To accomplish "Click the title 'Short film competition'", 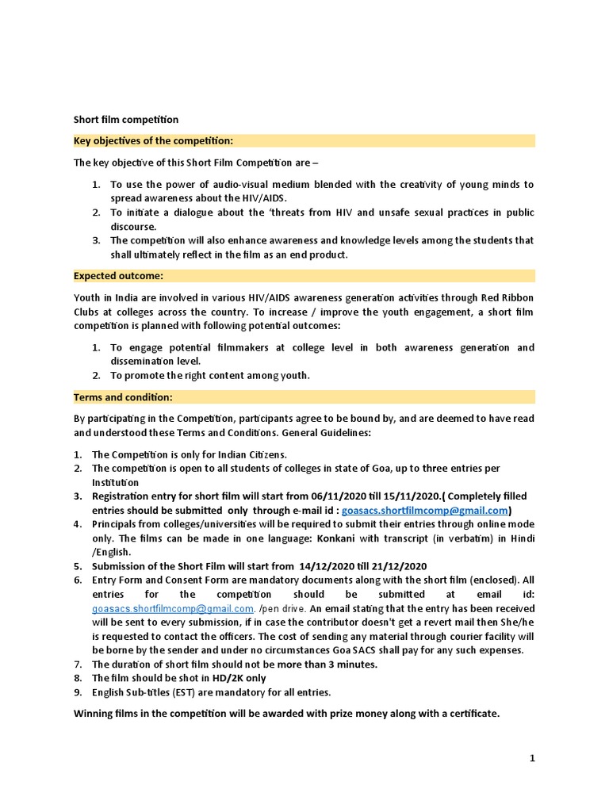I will [126, 120].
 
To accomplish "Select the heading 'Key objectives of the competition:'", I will [153, 140].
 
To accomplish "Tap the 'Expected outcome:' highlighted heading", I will [118, 276].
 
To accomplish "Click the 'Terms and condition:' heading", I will [123, 397].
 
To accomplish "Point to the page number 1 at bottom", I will [532, 758].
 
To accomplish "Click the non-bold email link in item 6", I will [172, 608].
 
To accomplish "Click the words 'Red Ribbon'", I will [507, 297].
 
